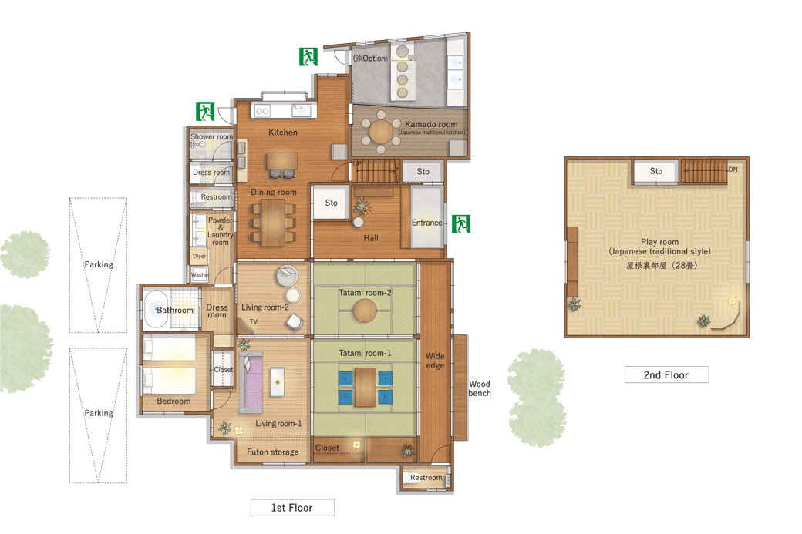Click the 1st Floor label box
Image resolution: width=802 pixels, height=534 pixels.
point(292,508)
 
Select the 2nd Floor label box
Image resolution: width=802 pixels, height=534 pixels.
point(666,374)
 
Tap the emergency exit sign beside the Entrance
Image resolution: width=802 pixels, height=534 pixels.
point(461,223)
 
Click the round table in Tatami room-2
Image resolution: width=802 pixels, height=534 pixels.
point(366,311)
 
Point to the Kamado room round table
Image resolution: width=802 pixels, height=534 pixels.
point(381,132)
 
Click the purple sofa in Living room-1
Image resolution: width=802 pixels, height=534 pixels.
point(251,381)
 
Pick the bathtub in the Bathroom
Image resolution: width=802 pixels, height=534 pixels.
point(156,310)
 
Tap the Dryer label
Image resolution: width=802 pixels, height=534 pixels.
point(199,256)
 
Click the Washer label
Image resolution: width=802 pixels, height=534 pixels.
point(200,274)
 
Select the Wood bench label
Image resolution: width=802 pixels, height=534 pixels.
point(480,388)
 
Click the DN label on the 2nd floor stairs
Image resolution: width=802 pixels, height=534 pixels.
point(733,170)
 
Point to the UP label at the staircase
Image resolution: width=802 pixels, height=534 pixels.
point(357,164)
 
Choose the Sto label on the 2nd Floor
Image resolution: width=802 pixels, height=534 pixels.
point(656,171)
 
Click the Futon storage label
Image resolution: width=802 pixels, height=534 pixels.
point(273,452)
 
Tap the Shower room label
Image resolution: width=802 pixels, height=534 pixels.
point(211,136)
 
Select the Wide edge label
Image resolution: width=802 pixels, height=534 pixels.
point(435,361)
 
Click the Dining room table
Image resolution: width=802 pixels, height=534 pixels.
point(273,223)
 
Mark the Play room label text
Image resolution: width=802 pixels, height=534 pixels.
point(660,242)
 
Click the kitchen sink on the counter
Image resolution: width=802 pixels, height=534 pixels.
point(302,110)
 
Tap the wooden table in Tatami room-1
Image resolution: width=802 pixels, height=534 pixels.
point(366,388)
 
